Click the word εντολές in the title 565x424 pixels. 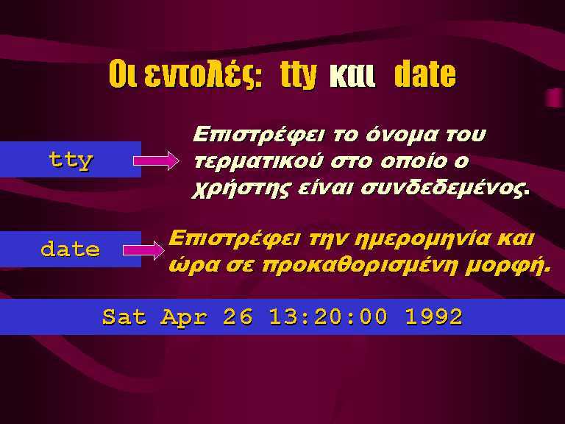[x=203, y=75]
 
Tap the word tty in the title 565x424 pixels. [x=299, y=75]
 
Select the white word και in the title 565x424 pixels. [x=352, y=76]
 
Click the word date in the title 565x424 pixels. [x=425, y=74]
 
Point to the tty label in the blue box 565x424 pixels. [x=71, y=160]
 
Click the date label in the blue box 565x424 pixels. [x=71, y=249]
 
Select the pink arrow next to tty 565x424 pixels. [x=156, y=160]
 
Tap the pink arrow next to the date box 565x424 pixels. [x=143, y=250]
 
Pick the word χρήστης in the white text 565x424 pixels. [x=241, y=188]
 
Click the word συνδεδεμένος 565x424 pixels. [x=445, y=188]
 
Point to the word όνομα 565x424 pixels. [x=402, y=135]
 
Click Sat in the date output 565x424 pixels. [x=124, y=317]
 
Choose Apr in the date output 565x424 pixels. [x=184, y=318]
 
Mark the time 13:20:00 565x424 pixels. [x=328, y=317]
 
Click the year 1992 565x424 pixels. [x=434, y=317]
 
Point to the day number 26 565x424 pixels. [x=238, y=317]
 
